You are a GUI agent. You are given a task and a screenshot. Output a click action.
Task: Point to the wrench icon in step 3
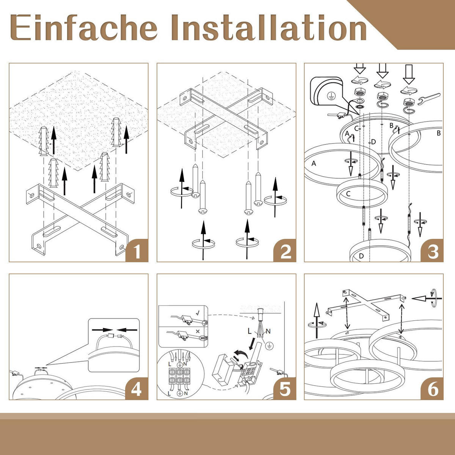coord(428,99)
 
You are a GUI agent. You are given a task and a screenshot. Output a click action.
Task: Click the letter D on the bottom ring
coord(361,256)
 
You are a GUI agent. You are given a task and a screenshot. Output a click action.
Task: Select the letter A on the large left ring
coord(314,163)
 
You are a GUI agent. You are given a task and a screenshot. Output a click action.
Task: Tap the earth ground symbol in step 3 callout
coord(330,96)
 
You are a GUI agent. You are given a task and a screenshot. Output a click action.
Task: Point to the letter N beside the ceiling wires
coord(268,331)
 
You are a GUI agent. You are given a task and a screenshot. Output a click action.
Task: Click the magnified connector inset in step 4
coord(114,345)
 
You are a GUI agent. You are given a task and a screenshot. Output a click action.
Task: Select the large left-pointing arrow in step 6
coord(422,299)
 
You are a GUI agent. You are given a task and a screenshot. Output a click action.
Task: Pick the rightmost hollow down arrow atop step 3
coord(408,74)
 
